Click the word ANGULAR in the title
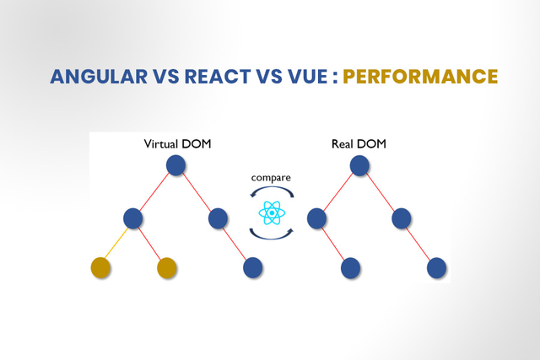point(99,77)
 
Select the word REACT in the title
point(218,77)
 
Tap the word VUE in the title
point(307,77)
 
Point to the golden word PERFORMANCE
point(420,77)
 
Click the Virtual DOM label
point(177,144)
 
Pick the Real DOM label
point(359,144)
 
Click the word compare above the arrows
point(271,178)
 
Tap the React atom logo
point(272,213)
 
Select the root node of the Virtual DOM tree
point(176,165)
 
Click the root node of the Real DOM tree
point(359,165)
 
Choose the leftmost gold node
point(100,267)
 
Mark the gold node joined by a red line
point(167,268)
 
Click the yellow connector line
point(116,243)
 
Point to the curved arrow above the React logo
point(272,188)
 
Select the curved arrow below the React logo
point(272,237)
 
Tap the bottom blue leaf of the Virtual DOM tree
point(253,267)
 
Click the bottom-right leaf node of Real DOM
point(437,268)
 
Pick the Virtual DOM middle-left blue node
point(133,218)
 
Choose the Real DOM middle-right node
point(402,218)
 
